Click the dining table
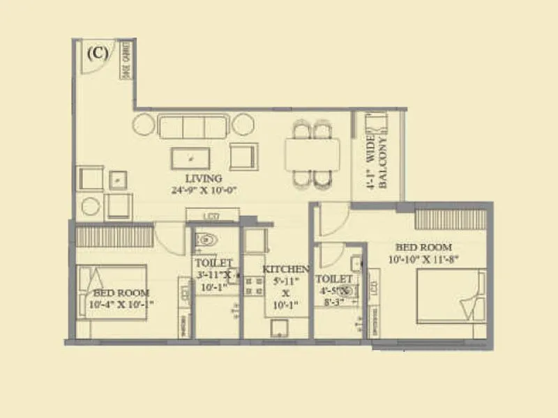click(x=312, y=153)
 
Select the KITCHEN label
click(x=286, y=269)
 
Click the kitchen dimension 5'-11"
click(x=286, y=281)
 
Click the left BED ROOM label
click(x=116, y=293)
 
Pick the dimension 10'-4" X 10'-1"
click(x=116, y=304)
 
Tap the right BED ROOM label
click(x=423, y=247)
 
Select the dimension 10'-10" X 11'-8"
click(x=423, y=259)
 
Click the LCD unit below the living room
click(x=212, y=216)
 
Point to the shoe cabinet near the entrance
click(x=128, y=60)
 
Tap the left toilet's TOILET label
click(x=209, y=263)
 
